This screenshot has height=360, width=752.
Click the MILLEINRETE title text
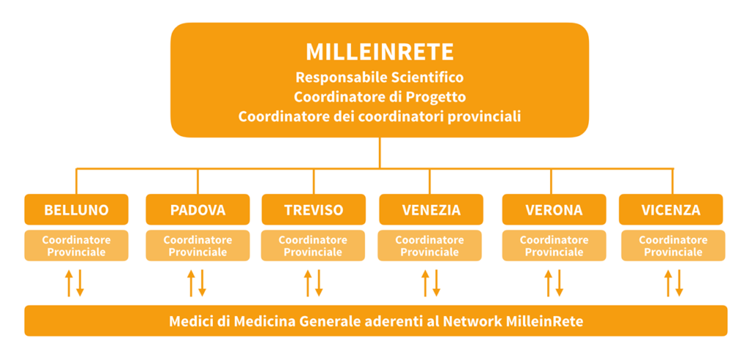pos(380,52)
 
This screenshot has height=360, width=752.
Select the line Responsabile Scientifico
pos(380,77)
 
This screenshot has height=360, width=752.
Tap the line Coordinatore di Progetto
pos(380,97)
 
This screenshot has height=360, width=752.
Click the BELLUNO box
pos(76,209)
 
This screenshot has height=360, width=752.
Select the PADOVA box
pos(198,209)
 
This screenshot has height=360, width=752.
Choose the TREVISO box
pos(314,209)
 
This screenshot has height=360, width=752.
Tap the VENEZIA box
pos(430,209)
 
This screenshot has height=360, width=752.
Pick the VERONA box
pos(554,209)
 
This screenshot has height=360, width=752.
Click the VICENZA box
pos(670,209)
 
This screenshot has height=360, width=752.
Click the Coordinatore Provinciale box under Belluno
pos(76,245)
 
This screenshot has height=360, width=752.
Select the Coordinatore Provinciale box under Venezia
pos(430,245)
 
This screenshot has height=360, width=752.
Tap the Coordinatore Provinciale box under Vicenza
pos(673,245)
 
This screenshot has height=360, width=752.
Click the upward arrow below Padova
pos(191,283)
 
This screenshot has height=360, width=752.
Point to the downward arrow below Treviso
pos(319,283)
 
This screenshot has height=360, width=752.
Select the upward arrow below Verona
pos(548,283)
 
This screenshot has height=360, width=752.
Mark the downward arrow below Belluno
pos(81,283)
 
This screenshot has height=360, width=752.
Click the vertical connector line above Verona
pos(551,181)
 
